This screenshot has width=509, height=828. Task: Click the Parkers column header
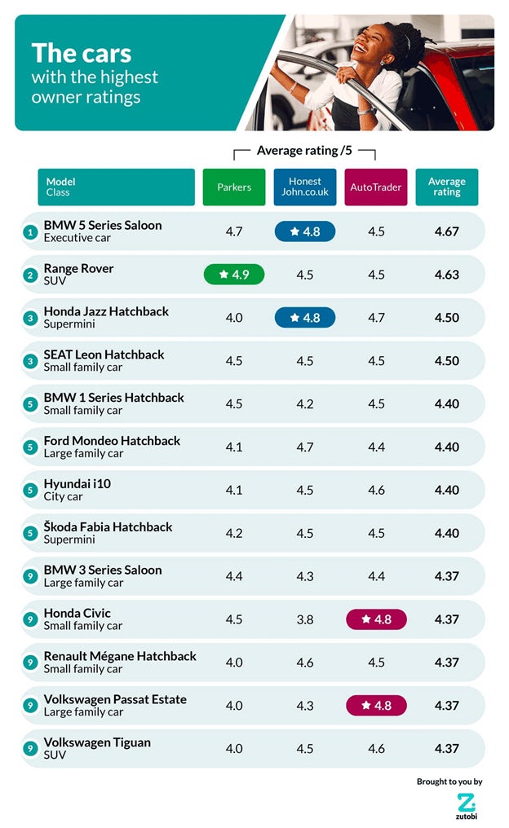pos(234,187)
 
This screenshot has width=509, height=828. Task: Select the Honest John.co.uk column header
pos(304,187)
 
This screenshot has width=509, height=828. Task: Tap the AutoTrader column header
pos(375,187)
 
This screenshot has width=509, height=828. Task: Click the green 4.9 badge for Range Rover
pos(234,275)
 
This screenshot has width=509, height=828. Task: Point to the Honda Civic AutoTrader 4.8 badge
pos(375,619)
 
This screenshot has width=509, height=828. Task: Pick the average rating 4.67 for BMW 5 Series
pos(446,231)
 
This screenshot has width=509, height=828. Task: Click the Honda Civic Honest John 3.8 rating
pos(305,619)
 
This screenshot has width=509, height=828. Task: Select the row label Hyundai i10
pos(77,484)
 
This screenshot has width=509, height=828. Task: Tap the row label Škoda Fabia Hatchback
pos(108,527)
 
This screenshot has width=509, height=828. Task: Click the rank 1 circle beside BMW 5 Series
pos(30,232)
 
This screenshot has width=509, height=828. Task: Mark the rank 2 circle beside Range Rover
pos(30,275)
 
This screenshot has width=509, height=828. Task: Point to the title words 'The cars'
pos(81,54)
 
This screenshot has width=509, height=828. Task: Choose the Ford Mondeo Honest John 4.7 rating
pos(305,447)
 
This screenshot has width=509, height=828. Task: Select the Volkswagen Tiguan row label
pos(97,742)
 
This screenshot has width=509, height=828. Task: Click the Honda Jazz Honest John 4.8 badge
pos(305,318)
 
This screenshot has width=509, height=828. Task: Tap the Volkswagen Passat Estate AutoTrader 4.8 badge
pos(375,706)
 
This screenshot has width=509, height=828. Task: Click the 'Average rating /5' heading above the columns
pos(304,151)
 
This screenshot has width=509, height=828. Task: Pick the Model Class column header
pos(116,187)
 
